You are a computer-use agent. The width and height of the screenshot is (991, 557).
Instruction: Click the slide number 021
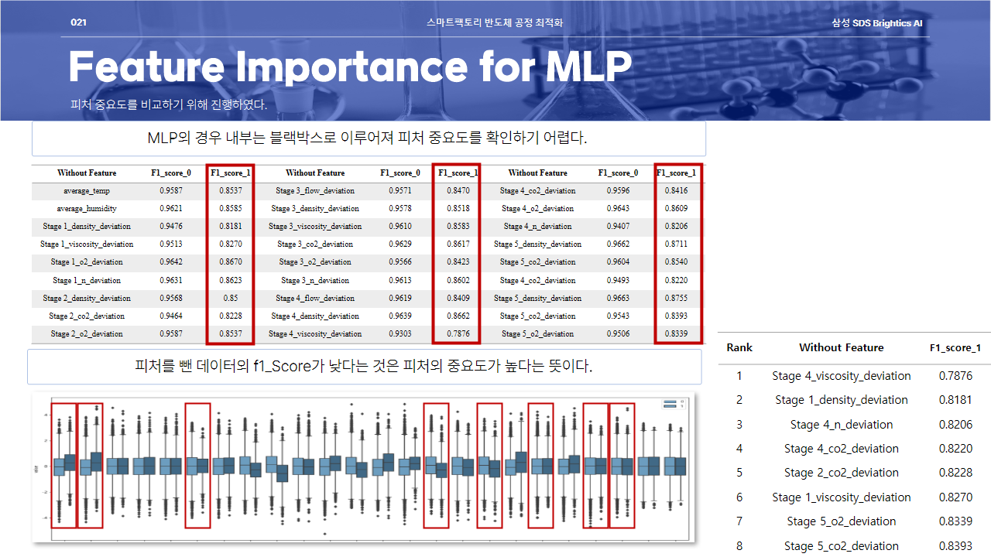78,23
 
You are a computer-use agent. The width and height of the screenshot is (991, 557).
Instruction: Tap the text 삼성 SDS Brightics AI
877,23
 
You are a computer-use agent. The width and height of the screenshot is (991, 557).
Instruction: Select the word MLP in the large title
588,67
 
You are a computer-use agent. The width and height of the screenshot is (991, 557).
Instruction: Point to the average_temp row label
87,190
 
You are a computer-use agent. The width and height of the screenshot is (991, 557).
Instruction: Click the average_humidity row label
87,208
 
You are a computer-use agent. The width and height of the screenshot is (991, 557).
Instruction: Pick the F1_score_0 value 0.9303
400,333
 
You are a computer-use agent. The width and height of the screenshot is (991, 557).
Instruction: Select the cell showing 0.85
230,298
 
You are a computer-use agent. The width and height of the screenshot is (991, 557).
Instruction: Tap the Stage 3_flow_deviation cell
315,190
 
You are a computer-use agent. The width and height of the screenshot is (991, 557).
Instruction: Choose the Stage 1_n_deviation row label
87,280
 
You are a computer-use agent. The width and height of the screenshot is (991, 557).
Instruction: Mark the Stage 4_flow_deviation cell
315,298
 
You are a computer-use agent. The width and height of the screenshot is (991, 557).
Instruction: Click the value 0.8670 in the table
230,261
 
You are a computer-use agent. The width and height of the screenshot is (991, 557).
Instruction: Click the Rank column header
739,348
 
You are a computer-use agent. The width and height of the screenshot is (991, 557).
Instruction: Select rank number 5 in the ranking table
739,473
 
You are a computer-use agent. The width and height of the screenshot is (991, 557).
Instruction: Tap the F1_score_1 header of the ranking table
955,348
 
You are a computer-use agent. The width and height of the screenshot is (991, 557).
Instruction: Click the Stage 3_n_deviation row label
315,280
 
